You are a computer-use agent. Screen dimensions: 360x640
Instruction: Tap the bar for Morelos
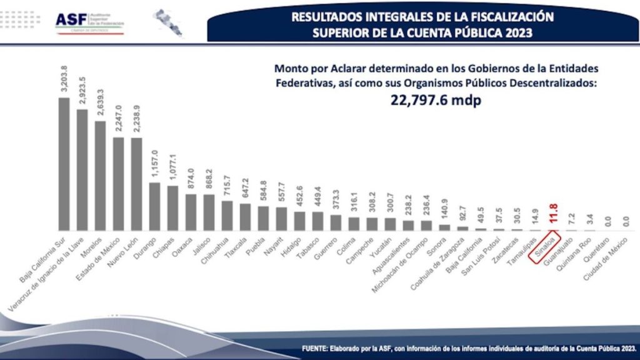[100, 176]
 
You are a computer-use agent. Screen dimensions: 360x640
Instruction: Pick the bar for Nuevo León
[136, 184]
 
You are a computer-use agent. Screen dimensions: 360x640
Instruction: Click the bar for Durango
[154, 206]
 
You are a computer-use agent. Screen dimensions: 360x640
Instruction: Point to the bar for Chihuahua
[227, 216]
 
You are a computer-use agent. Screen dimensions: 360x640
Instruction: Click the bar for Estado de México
[118, 184]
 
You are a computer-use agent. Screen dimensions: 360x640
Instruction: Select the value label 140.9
[445, 212]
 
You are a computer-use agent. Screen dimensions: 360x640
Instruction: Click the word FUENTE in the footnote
[318, 348]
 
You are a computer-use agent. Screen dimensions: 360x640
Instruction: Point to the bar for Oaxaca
[191, 212]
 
